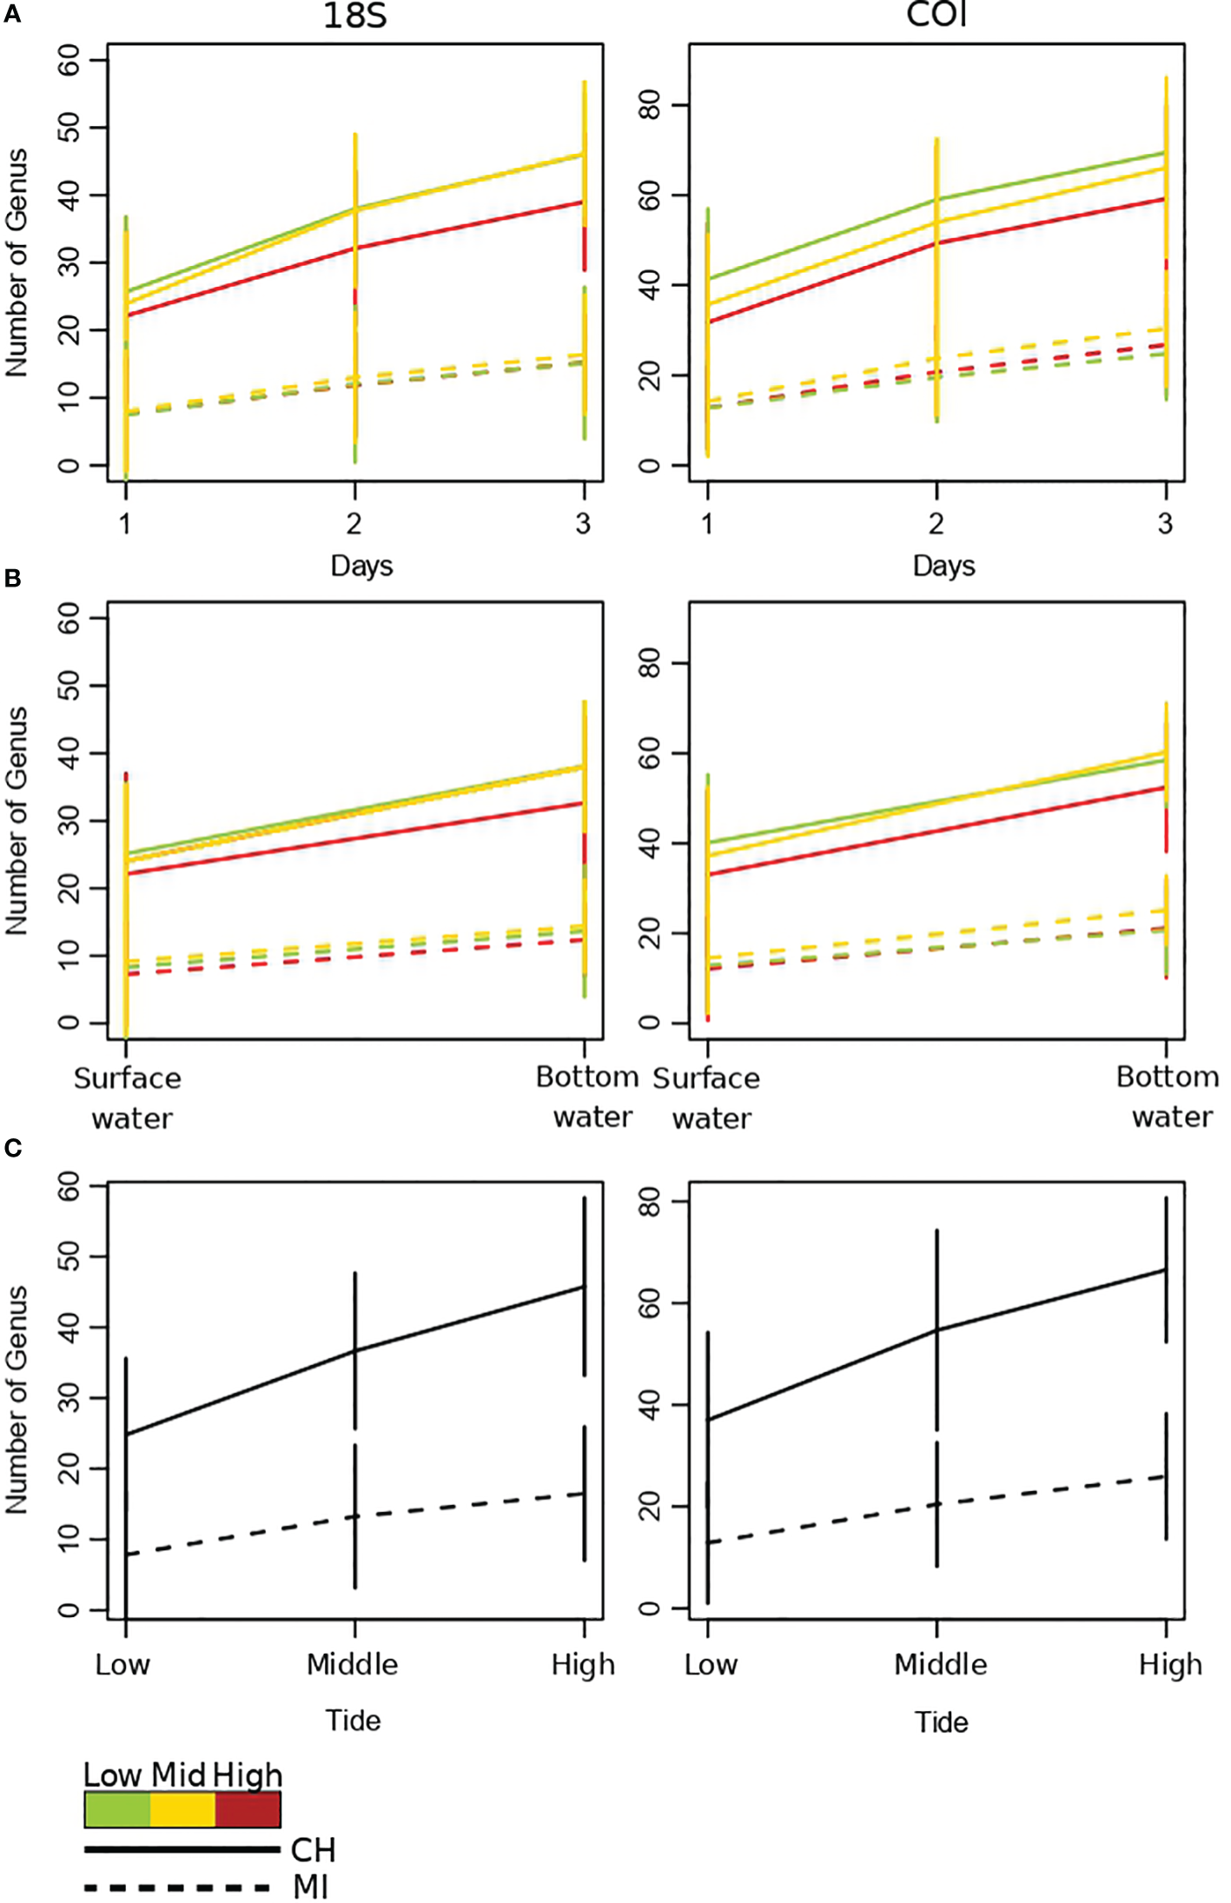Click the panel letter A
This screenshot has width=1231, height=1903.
[12, 15]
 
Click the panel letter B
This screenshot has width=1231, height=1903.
[12, 578]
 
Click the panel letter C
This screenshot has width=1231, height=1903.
[12, 1148]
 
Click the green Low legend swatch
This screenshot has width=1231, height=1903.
[117, 1809]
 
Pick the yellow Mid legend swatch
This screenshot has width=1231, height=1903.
[182, 1809]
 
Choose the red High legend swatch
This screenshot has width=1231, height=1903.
[248, 1809]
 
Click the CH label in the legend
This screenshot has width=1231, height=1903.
[313, 1850]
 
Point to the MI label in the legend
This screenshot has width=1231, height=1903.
[310, 1887]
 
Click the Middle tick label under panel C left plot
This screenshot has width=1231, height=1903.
[352, 1664]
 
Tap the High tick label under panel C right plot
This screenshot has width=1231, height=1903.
[1170, 1664]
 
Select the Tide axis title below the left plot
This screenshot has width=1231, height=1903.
[353, 1721]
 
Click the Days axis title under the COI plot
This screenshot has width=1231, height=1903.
[943, 566]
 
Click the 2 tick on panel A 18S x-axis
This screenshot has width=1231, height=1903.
[354, 523]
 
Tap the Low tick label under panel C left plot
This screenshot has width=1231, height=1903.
[122, 1664]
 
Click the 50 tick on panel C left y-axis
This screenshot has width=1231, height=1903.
[69, 1257]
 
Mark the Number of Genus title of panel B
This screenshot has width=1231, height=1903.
[17, 820]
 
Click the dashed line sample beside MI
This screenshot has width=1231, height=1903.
[178, 1887]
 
